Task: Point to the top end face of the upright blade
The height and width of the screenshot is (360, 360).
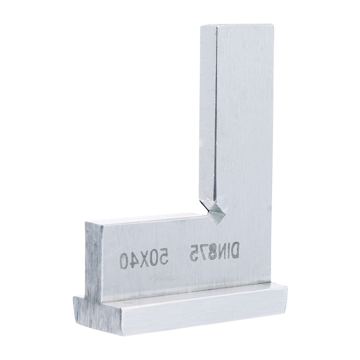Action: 237,26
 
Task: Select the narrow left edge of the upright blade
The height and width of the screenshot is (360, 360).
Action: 208,114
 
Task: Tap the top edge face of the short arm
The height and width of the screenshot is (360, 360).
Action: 144,218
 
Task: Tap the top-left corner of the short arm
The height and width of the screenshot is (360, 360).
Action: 86,222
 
